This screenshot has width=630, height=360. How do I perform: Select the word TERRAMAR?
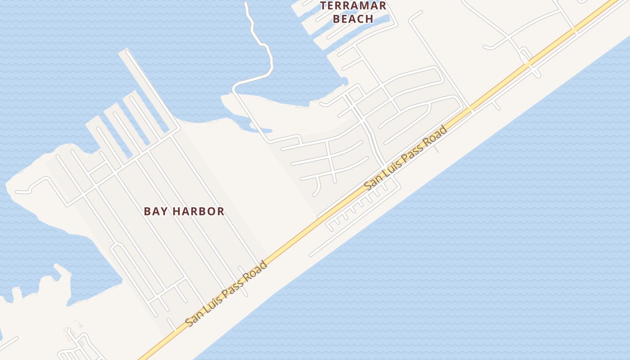coord(353,6)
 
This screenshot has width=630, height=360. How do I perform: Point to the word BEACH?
coord(354,19)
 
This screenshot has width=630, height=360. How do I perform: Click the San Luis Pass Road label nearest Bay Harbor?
coord(227,293)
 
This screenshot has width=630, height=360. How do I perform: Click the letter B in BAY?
coord(147,211)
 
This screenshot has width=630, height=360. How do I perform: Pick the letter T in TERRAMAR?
coord(323,6)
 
